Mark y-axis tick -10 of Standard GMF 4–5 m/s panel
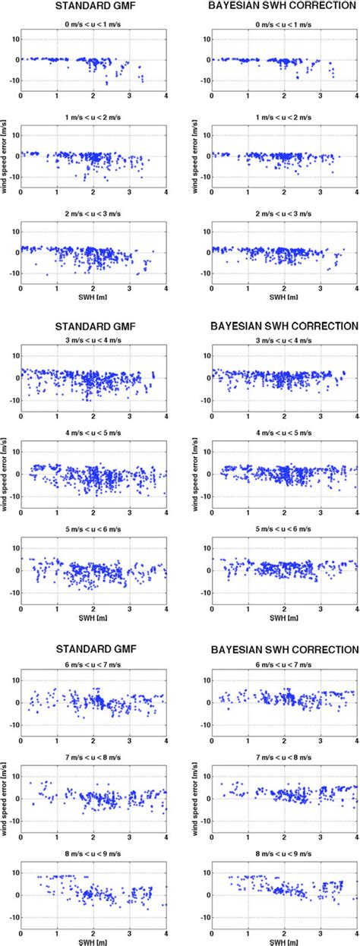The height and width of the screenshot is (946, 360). (14, 497)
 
